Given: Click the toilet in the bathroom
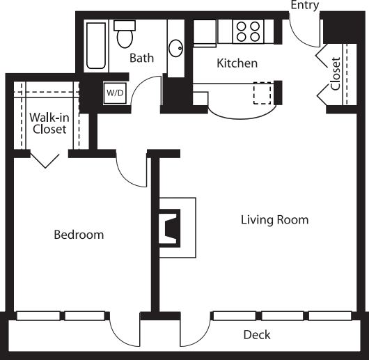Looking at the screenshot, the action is coord(125,34).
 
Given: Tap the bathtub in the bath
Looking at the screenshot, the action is coord(96,46).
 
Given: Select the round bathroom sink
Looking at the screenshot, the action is coord(175,48).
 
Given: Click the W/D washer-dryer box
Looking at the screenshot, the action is coord(115,93).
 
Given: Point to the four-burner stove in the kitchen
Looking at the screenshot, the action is coord(249,31).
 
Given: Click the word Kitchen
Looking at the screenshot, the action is coord(237,63).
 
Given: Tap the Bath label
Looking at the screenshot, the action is coord(141,58).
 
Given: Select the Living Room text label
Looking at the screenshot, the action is coord(274,220).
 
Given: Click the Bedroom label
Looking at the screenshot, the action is coord(79,235).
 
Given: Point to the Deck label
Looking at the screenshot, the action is coord(257,335).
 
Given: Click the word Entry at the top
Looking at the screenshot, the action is coord(305,5).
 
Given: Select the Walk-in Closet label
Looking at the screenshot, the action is coord(49,123).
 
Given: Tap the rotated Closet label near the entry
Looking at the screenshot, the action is coord(336,74).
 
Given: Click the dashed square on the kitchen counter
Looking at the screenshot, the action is coord(262,93).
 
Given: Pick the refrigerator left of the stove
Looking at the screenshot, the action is coord(205,33).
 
